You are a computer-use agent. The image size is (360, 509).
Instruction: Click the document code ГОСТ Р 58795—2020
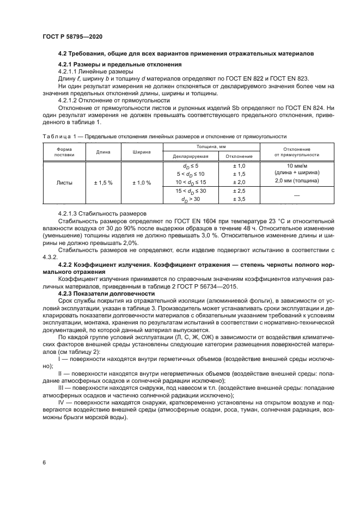[72, 36]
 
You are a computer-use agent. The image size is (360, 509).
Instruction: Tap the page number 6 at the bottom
[44, 462]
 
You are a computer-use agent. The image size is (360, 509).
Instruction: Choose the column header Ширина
[141, 152]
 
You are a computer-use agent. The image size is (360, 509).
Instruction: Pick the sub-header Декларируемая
[186, 156]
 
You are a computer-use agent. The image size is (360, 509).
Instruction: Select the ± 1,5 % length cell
[103, 182]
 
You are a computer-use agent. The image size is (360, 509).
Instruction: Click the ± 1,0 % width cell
[141, 182]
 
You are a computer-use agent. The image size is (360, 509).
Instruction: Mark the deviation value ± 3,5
[239, 200]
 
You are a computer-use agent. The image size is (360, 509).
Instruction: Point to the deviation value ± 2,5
[239, 192]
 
